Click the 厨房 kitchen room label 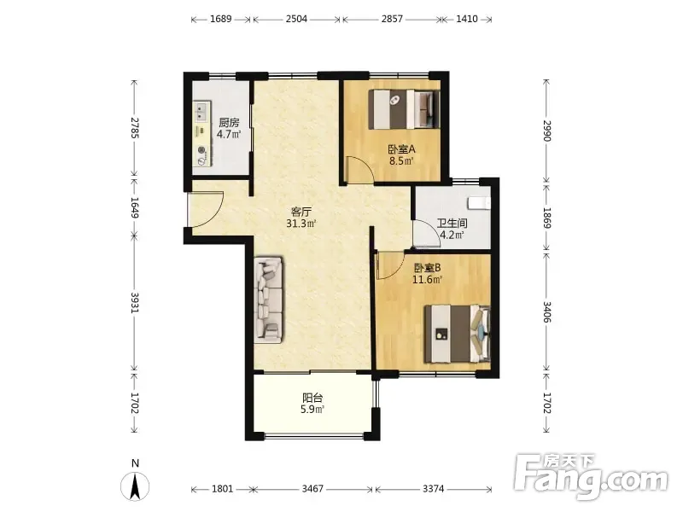(229, 123)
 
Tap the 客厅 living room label (301, 212)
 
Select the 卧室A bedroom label (401, 149)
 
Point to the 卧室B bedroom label (428, 268)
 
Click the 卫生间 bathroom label (452, 224)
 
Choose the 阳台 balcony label (312, 398)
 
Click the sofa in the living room (268, 299)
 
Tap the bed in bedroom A (404, 109)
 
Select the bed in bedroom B (458, 334)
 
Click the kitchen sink (201, 111)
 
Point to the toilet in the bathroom (479, 203)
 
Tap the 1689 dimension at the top (221, 19)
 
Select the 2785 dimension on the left (135, 128)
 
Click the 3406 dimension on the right (547, 311)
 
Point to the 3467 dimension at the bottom (312, 489)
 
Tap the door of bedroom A (359, 169)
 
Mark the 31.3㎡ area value (301, 224)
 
